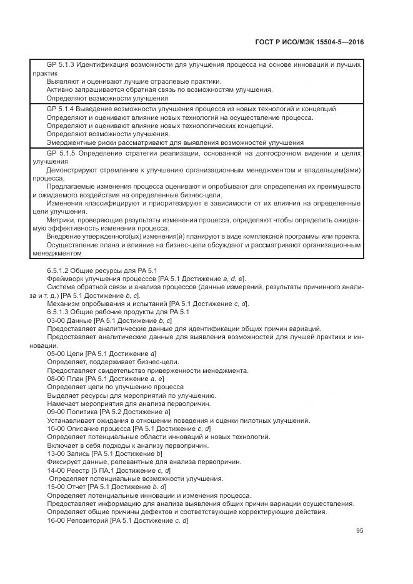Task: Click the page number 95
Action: coord(360,531)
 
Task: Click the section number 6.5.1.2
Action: coord(60,270)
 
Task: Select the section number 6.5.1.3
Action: coord(60,312)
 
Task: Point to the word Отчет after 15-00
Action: coord(78,486)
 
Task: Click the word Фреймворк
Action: coord(66,278)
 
